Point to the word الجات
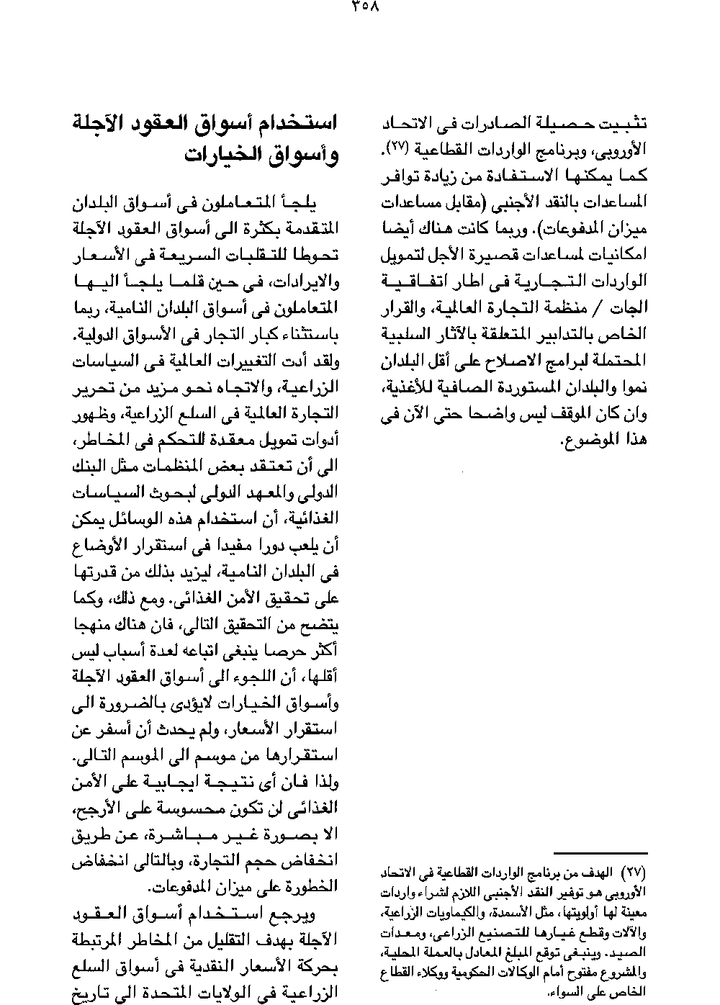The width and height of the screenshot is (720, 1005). tap(631, 307)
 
